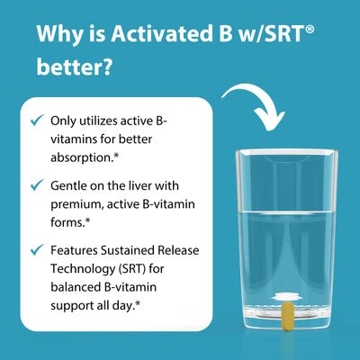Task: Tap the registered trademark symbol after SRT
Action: click(x=310, y=29)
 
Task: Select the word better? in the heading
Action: click(x=75, y=67)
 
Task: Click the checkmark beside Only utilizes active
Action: click(x=37, y=120)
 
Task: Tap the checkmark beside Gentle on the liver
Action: click(x=37, y=184)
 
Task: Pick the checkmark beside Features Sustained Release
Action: click(x=37, y=249)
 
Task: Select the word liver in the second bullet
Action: click(x=138, y=186)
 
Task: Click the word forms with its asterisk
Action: click(x=70, y=222)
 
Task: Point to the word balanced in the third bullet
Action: click(x=76, y=287)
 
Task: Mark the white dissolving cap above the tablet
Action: click(x=288, y=296)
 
